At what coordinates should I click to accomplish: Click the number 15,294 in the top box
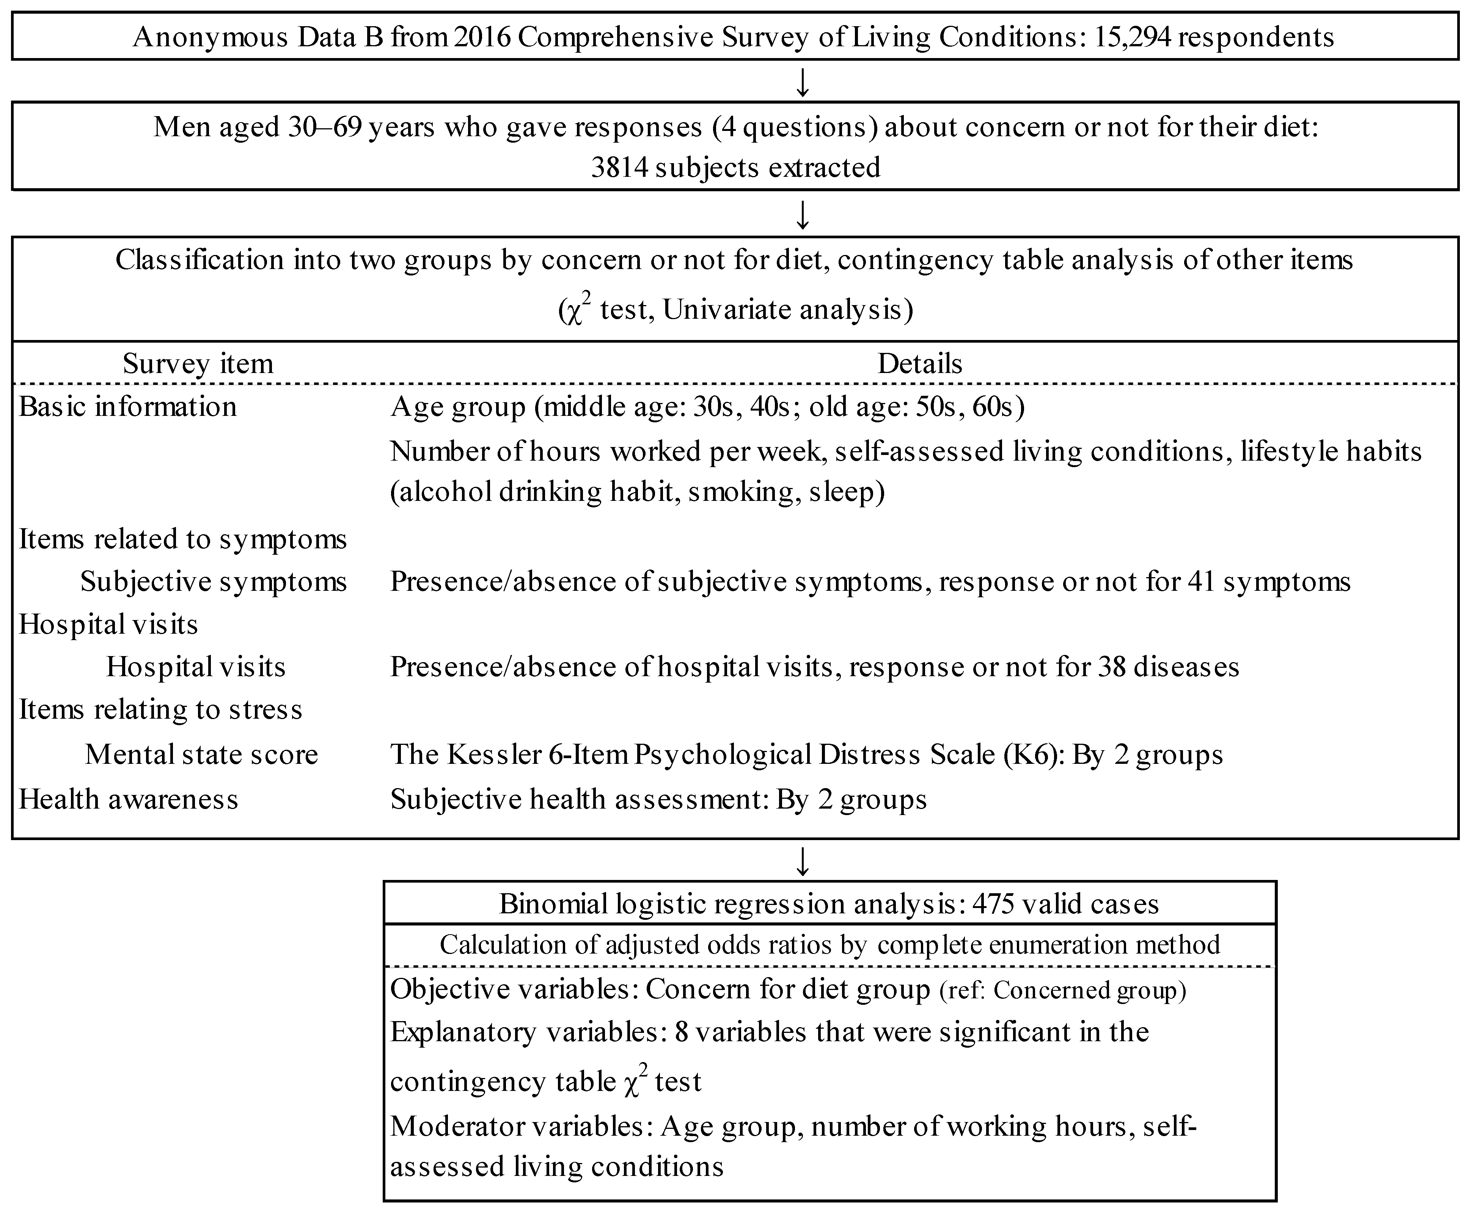pyautogui.click(x=1131, y=36)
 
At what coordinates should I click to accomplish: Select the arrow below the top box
pyautogui.click(x=803, y=82)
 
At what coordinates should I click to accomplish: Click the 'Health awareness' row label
pyautogui.click(x=129, y=799)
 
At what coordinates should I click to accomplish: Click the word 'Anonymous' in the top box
pyautogui.click(x=211, y=36)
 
